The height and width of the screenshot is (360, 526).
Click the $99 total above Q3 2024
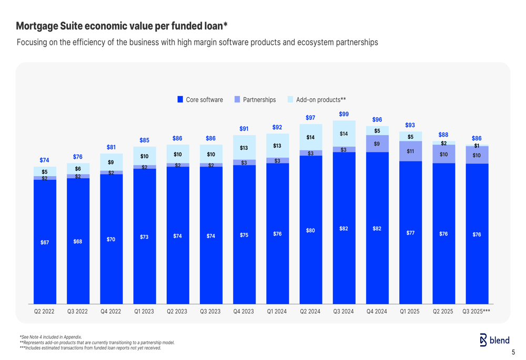[343, 114]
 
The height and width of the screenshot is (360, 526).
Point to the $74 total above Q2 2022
[45, 160]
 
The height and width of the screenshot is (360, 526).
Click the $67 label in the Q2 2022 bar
[45, 242]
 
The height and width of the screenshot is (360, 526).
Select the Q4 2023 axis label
[244, 311]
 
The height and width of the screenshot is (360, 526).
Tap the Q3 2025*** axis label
[476, 311]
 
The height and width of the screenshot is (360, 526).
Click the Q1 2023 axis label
[144, 311]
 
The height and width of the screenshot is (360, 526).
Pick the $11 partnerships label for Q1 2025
[410, 151]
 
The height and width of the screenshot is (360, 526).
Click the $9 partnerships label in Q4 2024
[377, 143]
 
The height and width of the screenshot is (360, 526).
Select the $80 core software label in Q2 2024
[310, 230]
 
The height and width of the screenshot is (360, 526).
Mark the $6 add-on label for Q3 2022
[78, 169]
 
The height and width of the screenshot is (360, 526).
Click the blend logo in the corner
[494, 341]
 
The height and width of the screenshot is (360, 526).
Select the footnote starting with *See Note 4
[50, 337]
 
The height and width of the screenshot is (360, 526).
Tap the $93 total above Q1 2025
[410, 125]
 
